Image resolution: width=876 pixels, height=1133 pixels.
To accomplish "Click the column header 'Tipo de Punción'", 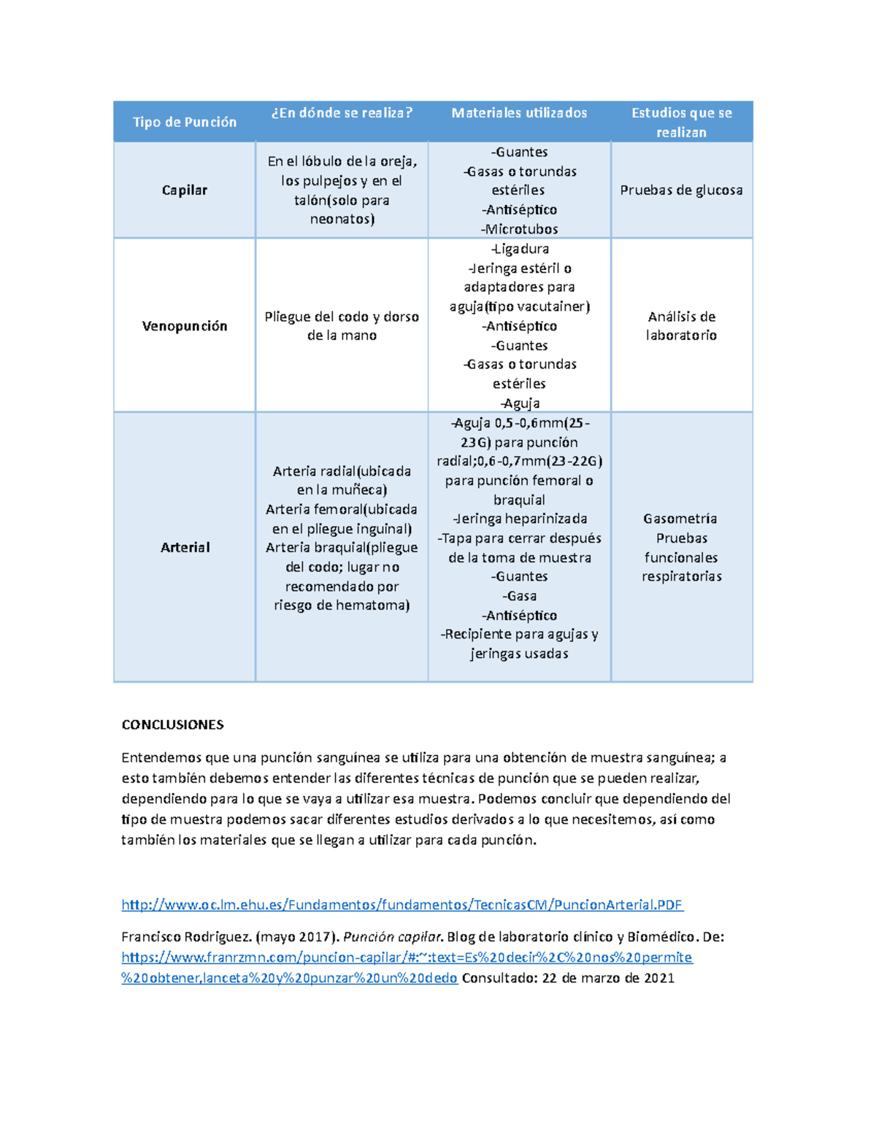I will pos(185,122).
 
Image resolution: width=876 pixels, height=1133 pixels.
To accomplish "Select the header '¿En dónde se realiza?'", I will pos(342,112).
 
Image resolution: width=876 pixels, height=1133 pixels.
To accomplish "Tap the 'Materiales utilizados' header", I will pos(519,112).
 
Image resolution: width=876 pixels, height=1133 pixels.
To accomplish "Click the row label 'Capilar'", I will pos(185,190).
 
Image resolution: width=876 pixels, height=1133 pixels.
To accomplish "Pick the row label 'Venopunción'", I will pos(185,325).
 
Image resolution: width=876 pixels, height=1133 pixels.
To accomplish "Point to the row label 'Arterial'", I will pos(185,547).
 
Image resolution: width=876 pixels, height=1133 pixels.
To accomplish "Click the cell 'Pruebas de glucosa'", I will pos(681,190).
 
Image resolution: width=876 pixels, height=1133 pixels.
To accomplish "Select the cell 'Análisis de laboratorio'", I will pos(681,325).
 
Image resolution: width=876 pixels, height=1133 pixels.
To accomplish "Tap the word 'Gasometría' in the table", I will pos(680,519).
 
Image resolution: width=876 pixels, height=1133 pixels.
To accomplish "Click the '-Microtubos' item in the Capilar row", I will pos(519,229).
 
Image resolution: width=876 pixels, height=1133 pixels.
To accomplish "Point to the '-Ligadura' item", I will pos(519,249).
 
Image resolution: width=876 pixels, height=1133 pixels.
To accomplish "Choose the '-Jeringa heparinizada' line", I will pos(519,519).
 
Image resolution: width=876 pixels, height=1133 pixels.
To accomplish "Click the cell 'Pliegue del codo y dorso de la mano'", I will pos(342,325).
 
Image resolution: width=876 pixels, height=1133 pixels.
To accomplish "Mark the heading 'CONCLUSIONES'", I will pos(172,724).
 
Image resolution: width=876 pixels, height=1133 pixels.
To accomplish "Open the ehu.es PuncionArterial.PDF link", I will pos(401,905).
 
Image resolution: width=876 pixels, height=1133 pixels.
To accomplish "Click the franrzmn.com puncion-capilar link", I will pos(407,957).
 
